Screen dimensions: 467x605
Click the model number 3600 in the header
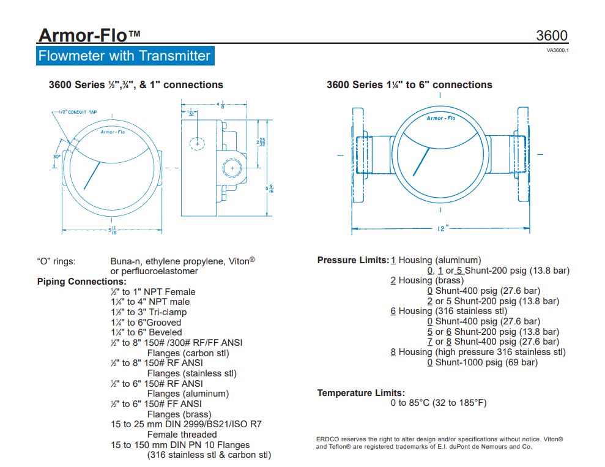552,35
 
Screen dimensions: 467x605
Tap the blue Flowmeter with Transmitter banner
124,56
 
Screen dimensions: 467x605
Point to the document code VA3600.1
557,50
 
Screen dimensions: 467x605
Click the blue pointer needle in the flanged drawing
421,159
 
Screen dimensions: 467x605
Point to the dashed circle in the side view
196,144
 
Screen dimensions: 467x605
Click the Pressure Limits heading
353,260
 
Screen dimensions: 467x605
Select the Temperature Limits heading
361,392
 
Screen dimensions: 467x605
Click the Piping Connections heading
81,282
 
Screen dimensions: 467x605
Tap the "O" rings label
56,261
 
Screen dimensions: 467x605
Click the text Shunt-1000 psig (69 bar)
486,362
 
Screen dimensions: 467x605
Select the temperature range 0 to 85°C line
438,403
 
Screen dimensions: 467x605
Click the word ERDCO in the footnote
327,439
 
